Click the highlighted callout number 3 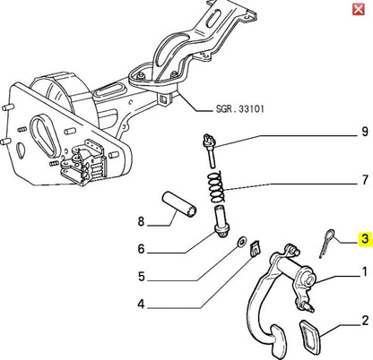[x=365, y=239]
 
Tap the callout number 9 [x=365, y=132]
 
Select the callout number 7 [x=365, y=180]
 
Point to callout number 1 [x=365, y=272]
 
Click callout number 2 [x=365, y=321]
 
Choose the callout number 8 [x=141, y=221]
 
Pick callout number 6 [x=141, y=249]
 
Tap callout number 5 [x=142, y=277]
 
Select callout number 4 [x=141, y=304]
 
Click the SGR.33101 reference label [x=240, y=108]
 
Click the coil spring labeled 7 [x=216, y=186]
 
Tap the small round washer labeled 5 [x=241, y=242]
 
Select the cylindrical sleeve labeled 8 [x=179, y=204]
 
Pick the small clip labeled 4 [x=255, y=248]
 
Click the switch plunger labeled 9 [x=210, y=150]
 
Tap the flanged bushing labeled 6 [x=221, y=221]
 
